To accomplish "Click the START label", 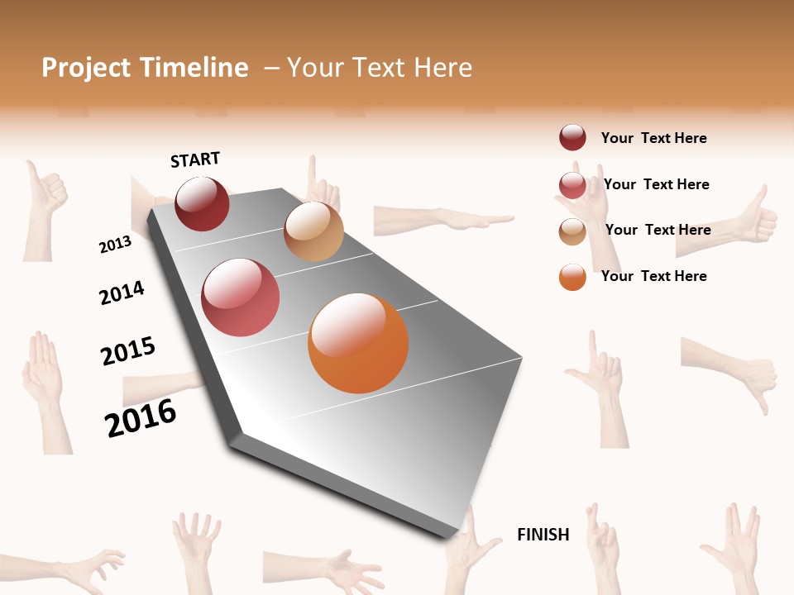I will (195, 159).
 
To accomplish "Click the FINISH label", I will (543, 535).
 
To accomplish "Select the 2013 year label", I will (115, 245).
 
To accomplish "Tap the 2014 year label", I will (122, 293).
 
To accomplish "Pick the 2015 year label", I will (128, 351).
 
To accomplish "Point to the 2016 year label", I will (141, 418).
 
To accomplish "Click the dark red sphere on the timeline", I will (202, 203).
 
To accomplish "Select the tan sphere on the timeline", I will (313, 231).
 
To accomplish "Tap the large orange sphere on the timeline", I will (358, 343).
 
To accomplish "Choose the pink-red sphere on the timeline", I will (241, 297).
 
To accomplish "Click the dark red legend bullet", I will (572, 138).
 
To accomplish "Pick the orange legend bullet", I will (572, 277).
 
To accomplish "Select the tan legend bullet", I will (572, 231).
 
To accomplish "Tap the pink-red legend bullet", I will (572, 185).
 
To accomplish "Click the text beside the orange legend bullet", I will (653, 276).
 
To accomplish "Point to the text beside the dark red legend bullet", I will (653, 138).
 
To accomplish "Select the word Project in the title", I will (84, 68).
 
